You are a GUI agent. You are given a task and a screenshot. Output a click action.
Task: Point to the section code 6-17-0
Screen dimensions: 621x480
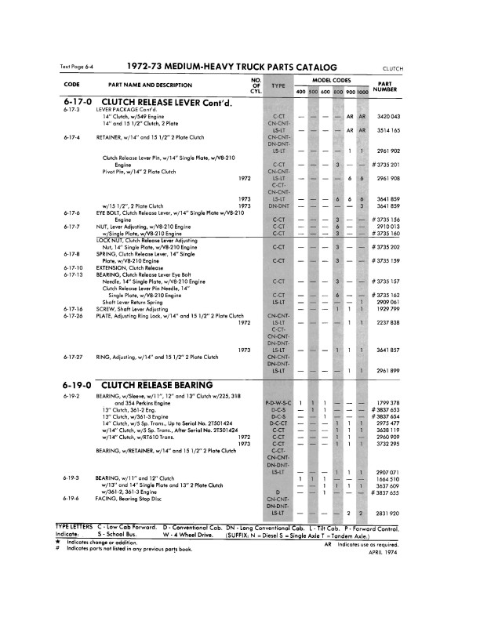(x=75, y=102)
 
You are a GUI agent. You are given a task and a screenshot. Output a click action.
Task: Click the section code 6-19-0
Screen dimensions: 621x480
(x=75, y=385)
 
